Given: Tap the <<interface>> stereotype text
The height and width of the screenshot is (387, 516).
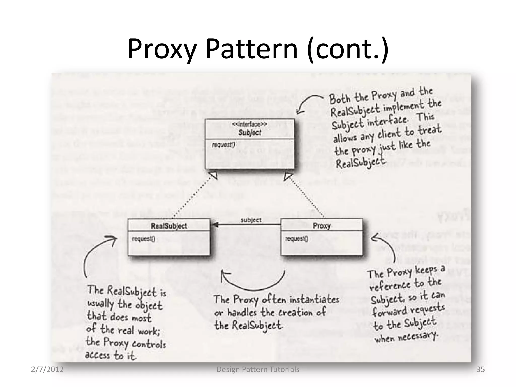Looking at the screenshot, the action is pos(249,124).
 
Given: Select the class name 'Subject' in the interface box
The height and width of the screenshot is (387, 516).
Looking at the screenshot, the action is pos(250,133).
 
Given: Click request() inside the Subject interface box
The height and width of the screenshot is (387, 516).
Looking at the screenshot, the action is pos(223,145).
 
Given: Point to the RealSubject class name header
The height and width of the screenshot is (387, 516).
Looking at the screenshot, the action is pos(169,226).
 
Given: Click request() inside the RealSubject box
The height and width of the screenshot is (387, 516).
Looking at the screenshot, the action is pos(143,239).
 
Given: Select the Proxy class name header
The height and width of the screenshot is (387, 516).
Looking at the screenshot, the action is pos(321,225).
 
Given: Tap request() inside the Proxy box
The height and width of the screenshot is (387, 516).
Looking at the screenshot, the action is pos(297,238).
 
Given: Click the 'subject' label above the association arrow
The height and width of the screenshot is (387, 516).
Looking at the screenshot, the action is pos(251,220).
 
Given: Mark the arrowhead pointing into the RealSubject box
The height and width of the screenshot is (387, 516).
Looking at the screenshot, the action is pos(215,224).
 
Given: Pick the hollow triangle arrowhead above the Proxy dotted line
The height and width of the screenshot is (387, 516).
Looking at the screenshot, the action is pos(288,176).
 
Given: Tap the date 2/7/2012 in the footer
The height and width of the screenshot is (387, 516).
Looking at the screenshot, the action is pos(47,369).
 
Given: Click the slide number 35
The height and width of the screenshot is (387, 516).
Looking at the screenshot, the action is pos(480,369).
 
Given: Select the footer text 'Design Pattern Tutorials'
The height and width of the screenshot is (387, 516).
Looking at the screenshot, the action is pos(258,369).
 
